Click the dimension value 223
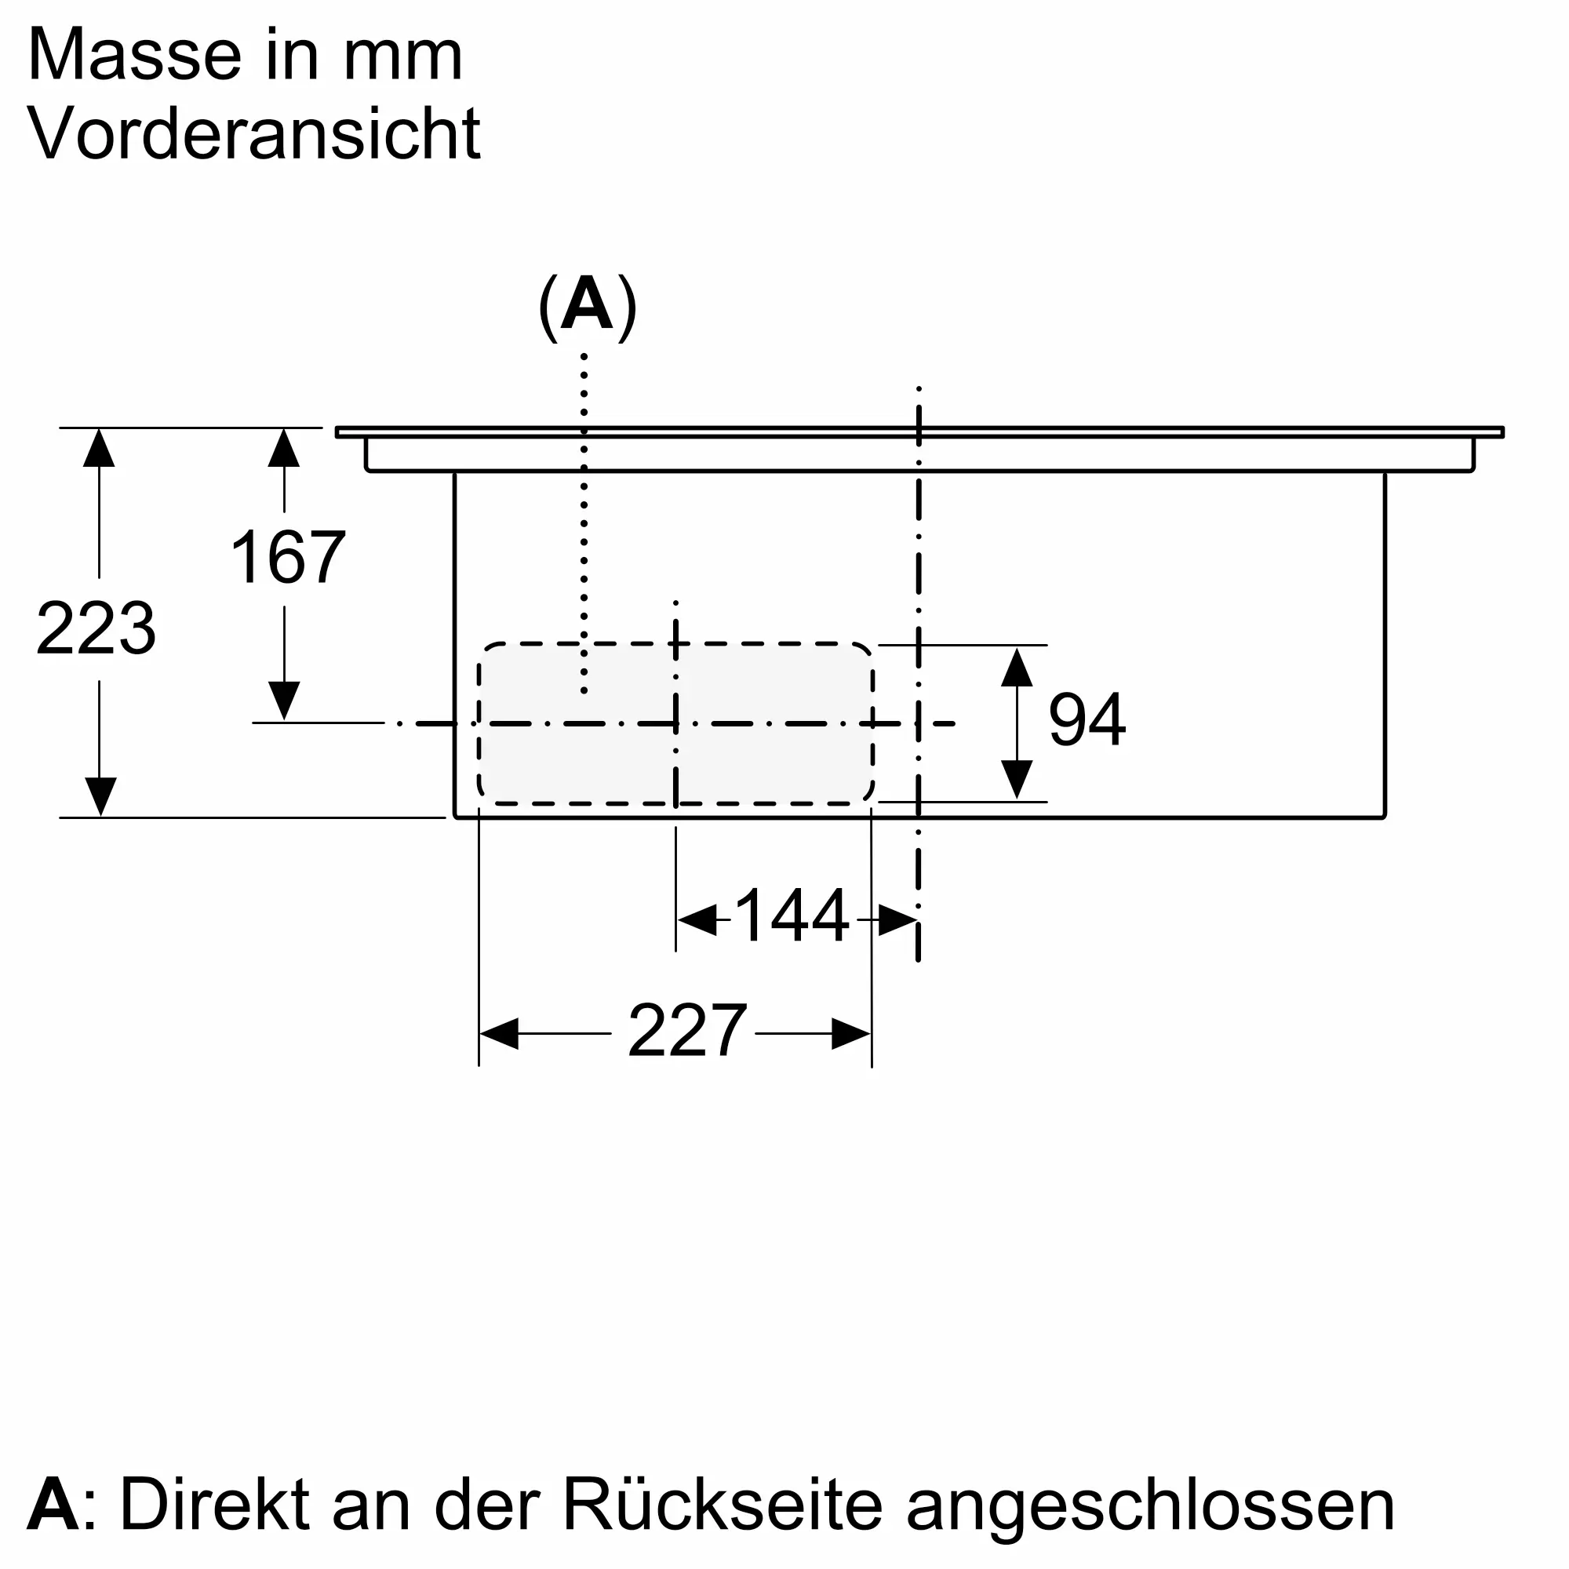coord(96,629)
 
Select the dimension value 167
coord(287,558)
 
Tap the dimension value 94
coord(1087,720)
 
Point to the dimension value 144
coord(791,917)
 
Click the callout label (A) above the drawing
coord(587,308)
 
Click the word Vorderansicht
coord(254,134)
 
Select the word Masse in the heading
coord(133,55)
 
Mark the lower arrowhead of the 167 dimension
coord(283,700)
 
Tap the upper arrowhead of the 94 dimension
coord(1016,667)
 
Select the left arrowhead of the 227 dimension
coord(498,1034)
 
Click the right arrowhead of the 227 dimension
coord(852,1034)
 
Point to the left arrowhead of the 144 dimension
coord(696,920)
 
